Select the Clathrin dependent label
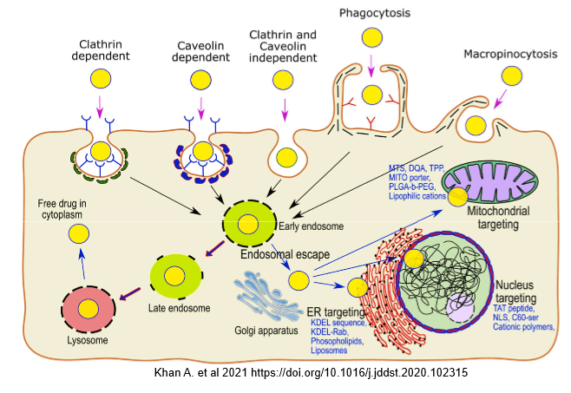pos(101,51)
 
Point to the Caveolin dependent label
pos(200,51)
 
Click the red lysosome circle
pos(88,309)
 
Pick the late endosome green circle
pos(176,276)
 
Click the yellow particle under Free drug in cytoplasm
pos(80,233)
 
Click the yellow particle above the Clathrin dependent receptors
pos(101,80)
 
